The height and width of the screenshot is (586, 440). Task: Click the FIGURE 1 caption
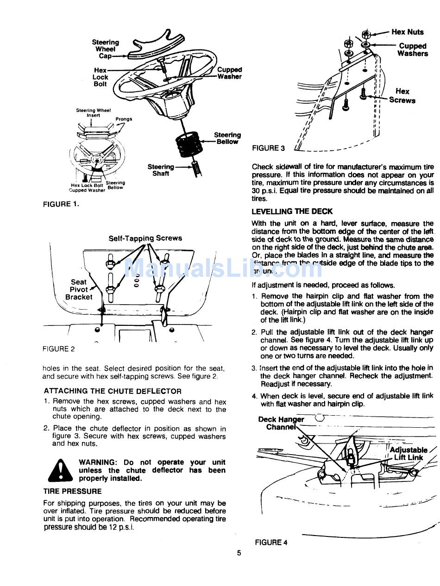pos(61,204)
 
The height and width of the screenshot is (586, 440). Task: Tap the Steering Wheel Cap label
pos(106,49)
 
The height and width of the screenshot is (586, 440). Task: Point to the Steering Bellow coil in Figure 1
pos(187,147)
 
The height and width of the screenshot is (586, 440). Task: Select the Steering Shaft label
pos(161,170)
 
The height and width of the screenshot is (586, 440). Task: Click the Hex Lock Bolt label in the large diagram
pos(100,77)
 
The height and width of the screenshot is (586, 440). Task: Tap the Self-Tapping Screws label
pos(145,238)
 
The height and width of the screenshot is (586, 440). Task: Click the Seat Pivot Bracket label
pos(79,289)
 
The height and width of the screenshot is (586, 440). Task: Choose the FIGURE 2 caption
pos(58,349)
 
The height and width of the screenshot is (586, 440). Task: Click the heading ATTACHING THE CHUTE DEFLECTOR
pos(113,391)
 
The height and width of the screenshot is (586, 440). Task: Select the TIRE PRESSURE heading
pos(72,492)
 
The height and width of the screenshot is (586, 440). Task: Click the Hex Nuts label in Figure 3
pos(407,32)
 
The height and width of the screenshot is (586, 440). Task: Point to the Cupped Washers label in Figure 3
pos(413,50)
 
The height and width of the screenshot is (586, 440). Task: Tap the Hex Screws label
pos(402,96)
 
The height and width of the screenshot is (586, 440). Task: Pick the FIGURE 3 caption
pos(269,148)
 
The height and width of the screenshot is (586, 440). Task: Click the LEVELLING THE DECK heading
pos(292,212)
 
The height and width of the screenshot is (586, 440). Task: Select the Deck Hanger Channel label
pos(281,423)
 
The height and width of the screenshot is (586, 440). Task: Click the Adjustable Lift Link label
pos(408,454)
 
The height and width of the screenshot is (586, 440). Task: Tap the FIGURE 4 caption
pos(271,542)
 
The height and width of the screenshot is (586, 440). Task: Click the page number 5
pos(239,552)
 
